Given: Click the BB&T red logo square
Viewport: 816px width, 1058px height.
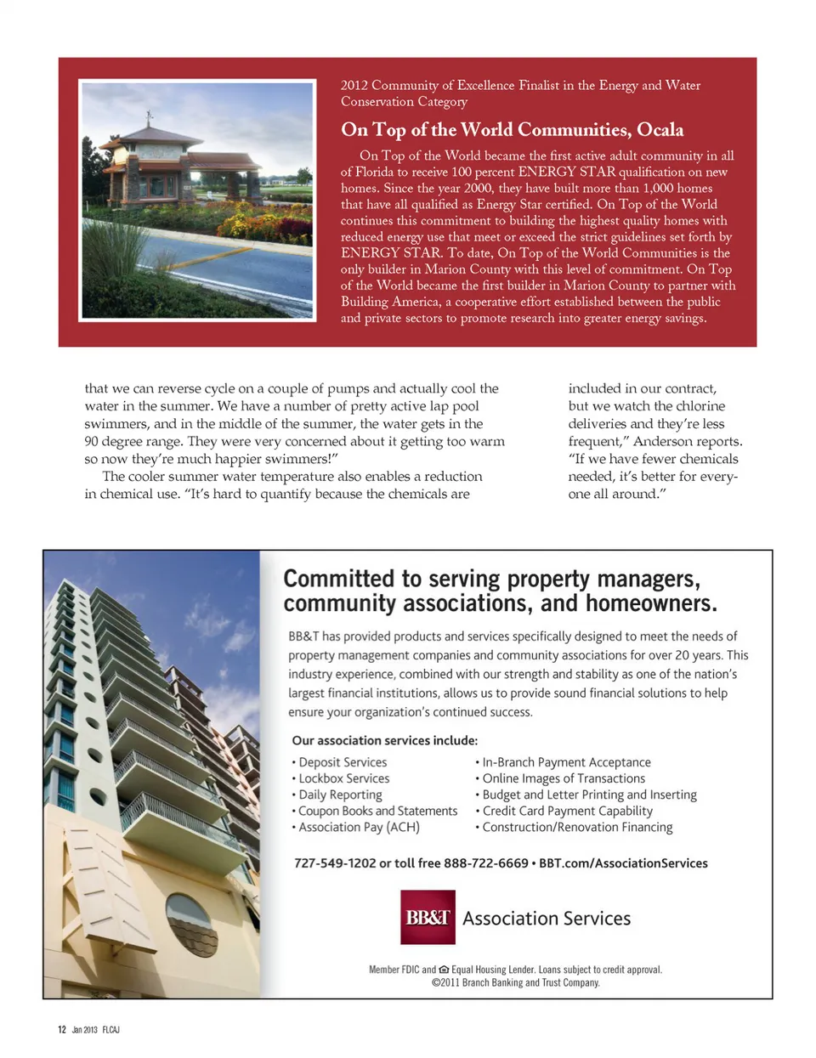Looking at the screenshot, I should [x=428, y=917].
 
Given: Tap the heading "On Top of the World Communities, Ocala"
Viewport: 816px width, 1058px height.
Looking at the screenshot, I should [x=512, y=130].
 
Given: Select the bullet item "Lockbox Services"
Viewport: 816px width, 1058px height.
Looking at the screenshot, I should [x=343, y=778].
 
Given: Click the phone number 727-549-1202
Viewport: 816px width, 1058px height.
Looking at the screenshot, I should [x=334, y=863].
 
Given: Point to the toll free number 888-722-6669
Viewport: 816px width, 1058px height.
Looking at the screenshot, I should [x=485, y=863].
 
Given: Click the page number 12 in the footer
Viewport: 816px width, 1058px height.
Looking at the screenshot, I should [x=62, y=1030].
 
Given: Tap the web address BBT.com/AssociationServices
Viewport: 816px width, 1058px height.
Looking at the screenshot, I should [x=623, y=863].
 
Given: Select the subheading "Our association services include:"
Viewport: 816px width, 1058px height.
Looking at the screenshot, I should [x=384, y=741].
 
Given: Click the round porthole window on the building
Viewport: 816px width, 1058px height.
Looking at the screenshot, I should [x=192, y=925].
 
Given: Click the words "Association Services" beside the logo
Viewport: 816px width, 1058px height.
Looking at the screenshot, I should [x=547, y=919].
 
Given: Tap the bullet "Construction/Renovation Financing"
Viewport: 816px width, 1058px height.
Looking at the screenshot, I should [x=577, y=827].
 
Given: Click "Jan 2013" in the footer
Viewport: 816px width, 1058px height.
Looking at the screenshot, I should [x=84, y=1030].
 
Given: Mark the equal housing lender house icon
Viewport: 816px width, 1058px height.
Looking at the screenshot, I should [x=444, y=970].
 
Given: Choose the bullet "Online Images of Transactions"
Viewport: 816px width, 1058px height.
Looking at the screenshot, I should [x=564, y=778].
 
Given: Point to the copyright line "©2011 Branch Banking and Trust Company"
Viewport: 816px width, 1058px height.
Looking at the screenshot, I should [x=515, y=983].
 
